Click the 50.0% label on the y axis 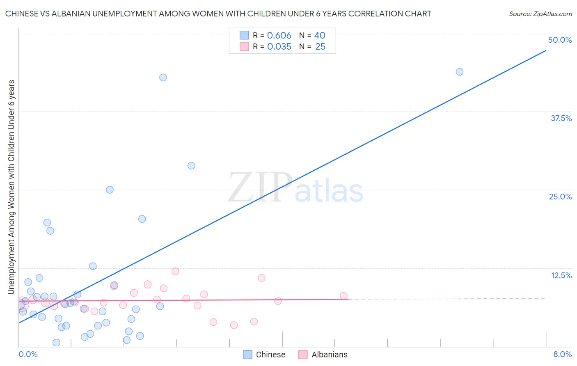(x=560, y=40)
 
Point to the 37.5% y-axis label (x=561, y=118)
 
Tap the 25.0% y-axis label (x=560, y=197)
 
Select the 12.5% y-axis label (x=561, y=275)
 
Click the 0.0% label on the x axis (x=28, y=354)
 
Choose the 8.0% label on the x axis (x=562, y=354)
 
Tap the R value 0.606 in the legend (x=279, y=36)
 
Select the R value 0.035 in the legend (x=279, y=47)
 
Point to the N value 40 (x=320, y=36)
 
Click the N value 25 (x=320, y=47)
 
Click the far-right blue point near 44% (x=460, y=72)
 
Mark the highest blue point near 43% (x=163, y=78)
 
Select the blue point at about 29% (x=191, y=166)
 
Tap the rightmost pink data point (x=343, y=296)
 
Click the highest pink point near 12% (x=175, y=271)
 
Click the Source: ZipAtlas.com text (x=540, y=14)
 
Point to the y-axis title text (x=11, y=187)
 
